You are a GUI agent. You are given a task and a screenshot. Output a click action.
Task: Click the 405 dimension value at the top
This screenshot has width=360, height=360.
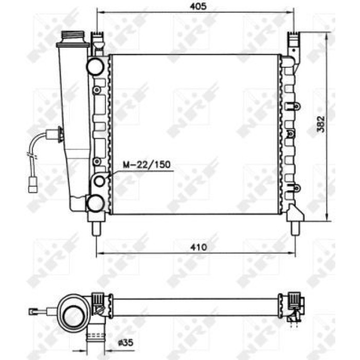199,6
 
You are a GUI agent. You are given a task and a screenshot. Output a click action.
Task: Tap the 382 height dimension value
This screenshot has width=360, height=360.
321,124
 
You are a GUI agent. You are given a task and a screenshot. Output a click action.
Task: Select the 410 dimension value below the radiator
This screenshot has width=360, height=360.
199,247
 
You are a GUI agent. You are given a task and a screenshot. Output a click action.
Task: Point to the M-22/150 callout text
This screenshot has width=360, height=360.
147,165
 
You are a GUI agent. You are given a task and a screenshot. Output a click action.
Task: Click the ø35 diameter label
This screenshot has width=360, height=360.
125,343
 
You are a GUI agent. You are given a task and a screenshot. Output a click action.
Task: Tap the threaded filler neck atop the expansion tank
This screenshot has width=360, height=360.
73,37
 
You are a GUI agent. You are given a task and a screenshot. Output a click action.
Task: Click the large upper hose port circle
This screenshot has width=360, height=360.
95,66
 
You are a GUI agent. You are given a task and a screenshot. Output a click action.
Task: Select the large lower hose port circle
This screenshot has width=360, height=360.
95,203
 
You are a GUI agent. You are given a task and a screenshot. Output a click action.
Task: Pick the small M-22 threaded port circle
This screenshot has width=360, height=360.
99,181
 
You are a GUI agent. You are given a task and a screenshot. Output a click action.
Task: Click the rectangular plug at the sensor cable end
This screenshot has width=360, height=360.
32,185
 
